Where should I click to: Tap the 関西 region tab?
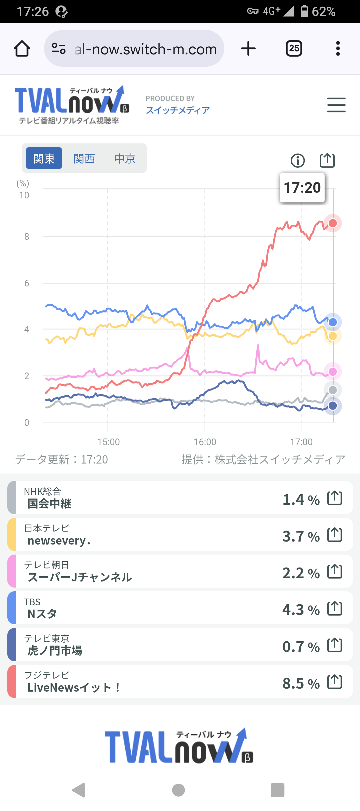(84, 158)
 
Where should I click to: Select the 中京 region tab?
(125, 158)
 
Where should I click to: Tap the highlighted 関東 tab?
(44, 158)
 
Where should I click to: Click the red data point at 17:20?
(333, 223)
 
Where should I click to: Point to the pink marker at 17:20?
(333, 371)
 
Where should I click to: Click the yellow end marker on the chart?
(333, 336)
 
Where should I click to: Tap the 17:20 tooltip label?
(302, 187)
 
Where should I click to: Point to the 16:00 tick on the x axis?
(205, 442)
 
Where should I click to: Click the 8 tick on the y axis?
(27, 237)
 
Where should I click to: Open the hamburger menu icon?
(336, 105)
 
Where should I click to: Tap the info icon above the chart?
(298, 160)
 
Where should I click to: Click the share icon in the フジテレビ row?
(335, 682)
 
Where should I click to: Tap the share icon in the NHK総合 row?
(335, 498)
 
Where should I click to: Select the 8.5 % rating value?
(301, 683)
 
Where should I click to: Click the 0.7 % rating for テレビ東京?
(301, 647)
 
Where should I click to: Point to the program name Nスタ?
(42, 614)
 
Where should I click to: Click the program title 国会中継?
(49, 504)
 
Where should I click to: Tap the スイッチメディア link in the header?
(178, 110)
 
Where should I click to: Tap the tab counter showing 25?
(294, 49)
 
